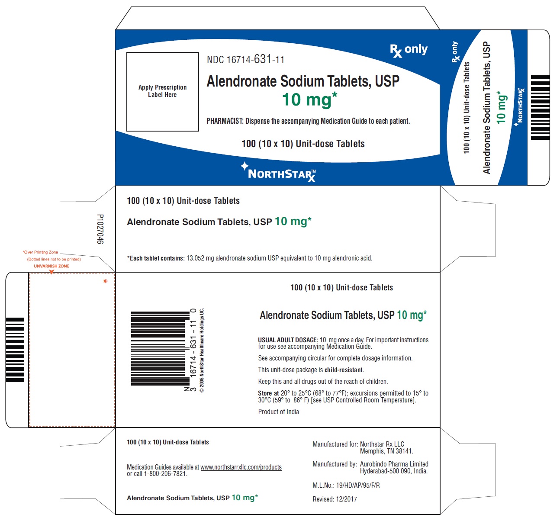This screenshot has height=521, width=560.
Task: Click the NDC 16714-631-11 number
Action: pyautogui.click(x=245, y=60)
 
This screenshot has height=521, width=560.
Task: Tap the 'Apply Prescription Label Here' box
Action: pyautogui.click(x=162, y=92)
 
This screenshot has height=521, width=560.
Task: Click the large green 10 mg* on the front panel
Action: pyautogui.click(x=309, y=100)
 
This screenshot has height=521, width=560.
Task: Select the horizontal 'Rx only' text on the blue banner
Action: pyautogui.click(x=409, y=50)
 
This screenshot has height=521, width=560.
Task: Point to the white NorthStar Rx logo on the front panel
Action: pyautogui.click(x=278, y=172)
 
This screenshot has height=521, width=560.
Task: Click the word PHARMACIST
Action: pyautogui.click(x=225, y=121)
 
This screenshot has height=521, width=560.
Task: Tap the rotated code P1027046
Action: pyautogui.click(x=100, y=229)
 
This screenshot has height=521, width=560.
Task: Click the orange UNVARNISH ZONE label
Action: pyautogui.click(x=51, y=266)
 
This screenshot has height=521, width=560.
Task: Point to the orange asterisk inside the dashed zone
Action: pyautogui.click(x=105, y=281)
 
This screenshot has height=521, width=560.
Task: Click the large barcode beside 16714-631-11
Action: pyautogui.click(x=160, y=348)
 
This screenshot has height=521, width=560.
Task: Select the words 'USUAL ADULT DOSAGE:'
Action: pyautogui.click(x=288, y=340)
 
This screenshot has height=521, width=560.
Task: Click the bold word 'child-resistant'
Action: pyautogui.click(x=344, y=370)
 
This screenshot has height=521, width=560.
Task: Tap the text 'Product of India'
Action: pyautogui.click(x=278, y=412)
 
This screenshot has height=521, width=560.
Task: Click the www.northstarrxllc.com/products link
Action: pyautogui.click(x=241, y=467)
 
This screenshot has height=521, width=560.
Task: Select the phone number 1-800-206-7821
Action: pyautogui.click(x=165, y=473)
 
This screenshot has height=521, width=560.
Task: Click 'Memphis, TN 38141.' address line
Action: pyautogui.click(x=386, y=451)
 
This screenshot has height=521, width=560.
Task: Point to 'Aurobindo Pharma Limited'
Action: pyautogui.click(x=394, y=464)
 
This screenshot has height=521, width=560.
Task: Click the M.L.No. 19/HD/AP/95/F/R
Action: pyautogui.click(x=346, y=486)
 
